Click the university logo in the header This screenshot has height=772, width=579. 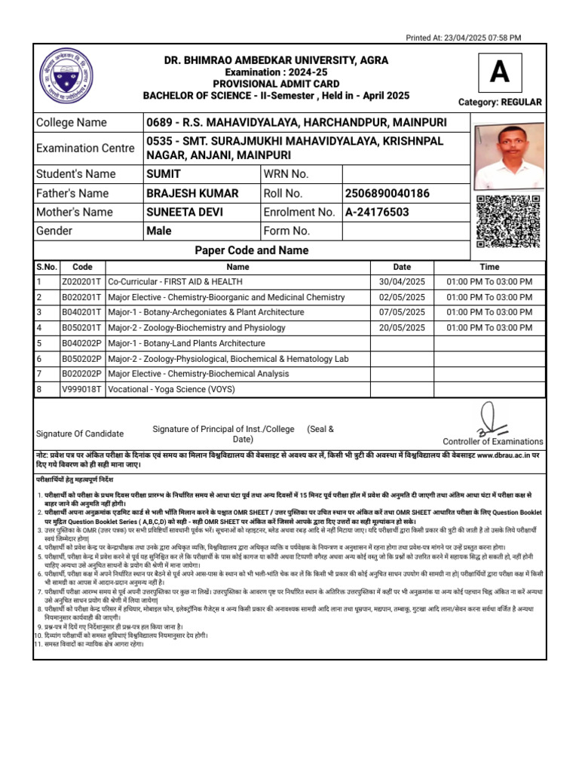click(x=66, y=76)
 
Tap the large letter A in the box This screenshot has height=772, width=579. click(x=499, y=72)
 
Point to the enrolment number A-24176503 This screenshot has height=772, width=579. click(x=377, y=212)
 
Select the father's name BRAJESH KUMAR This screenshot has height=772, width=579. click(x=192, y=193)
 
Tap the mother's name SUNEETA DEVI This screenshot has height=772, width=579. click(x=185, y=212)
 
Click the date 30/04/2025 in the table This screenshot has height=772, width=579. click(x=402, y=282)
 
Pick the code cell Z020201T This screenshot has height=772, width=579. click(x=82, y=282)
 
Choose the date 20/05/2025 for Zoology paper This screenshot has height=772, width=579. click(x=402, y=328)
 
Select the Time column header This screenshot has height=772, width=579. click(x=489, y=267)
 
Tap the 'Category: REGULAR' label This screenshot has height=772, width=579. click(x=500, y=102)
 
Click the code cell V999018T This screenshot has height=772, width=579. click(x=82, y=389)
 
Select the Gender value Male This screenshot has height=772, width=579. click(x=158, y=231)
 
